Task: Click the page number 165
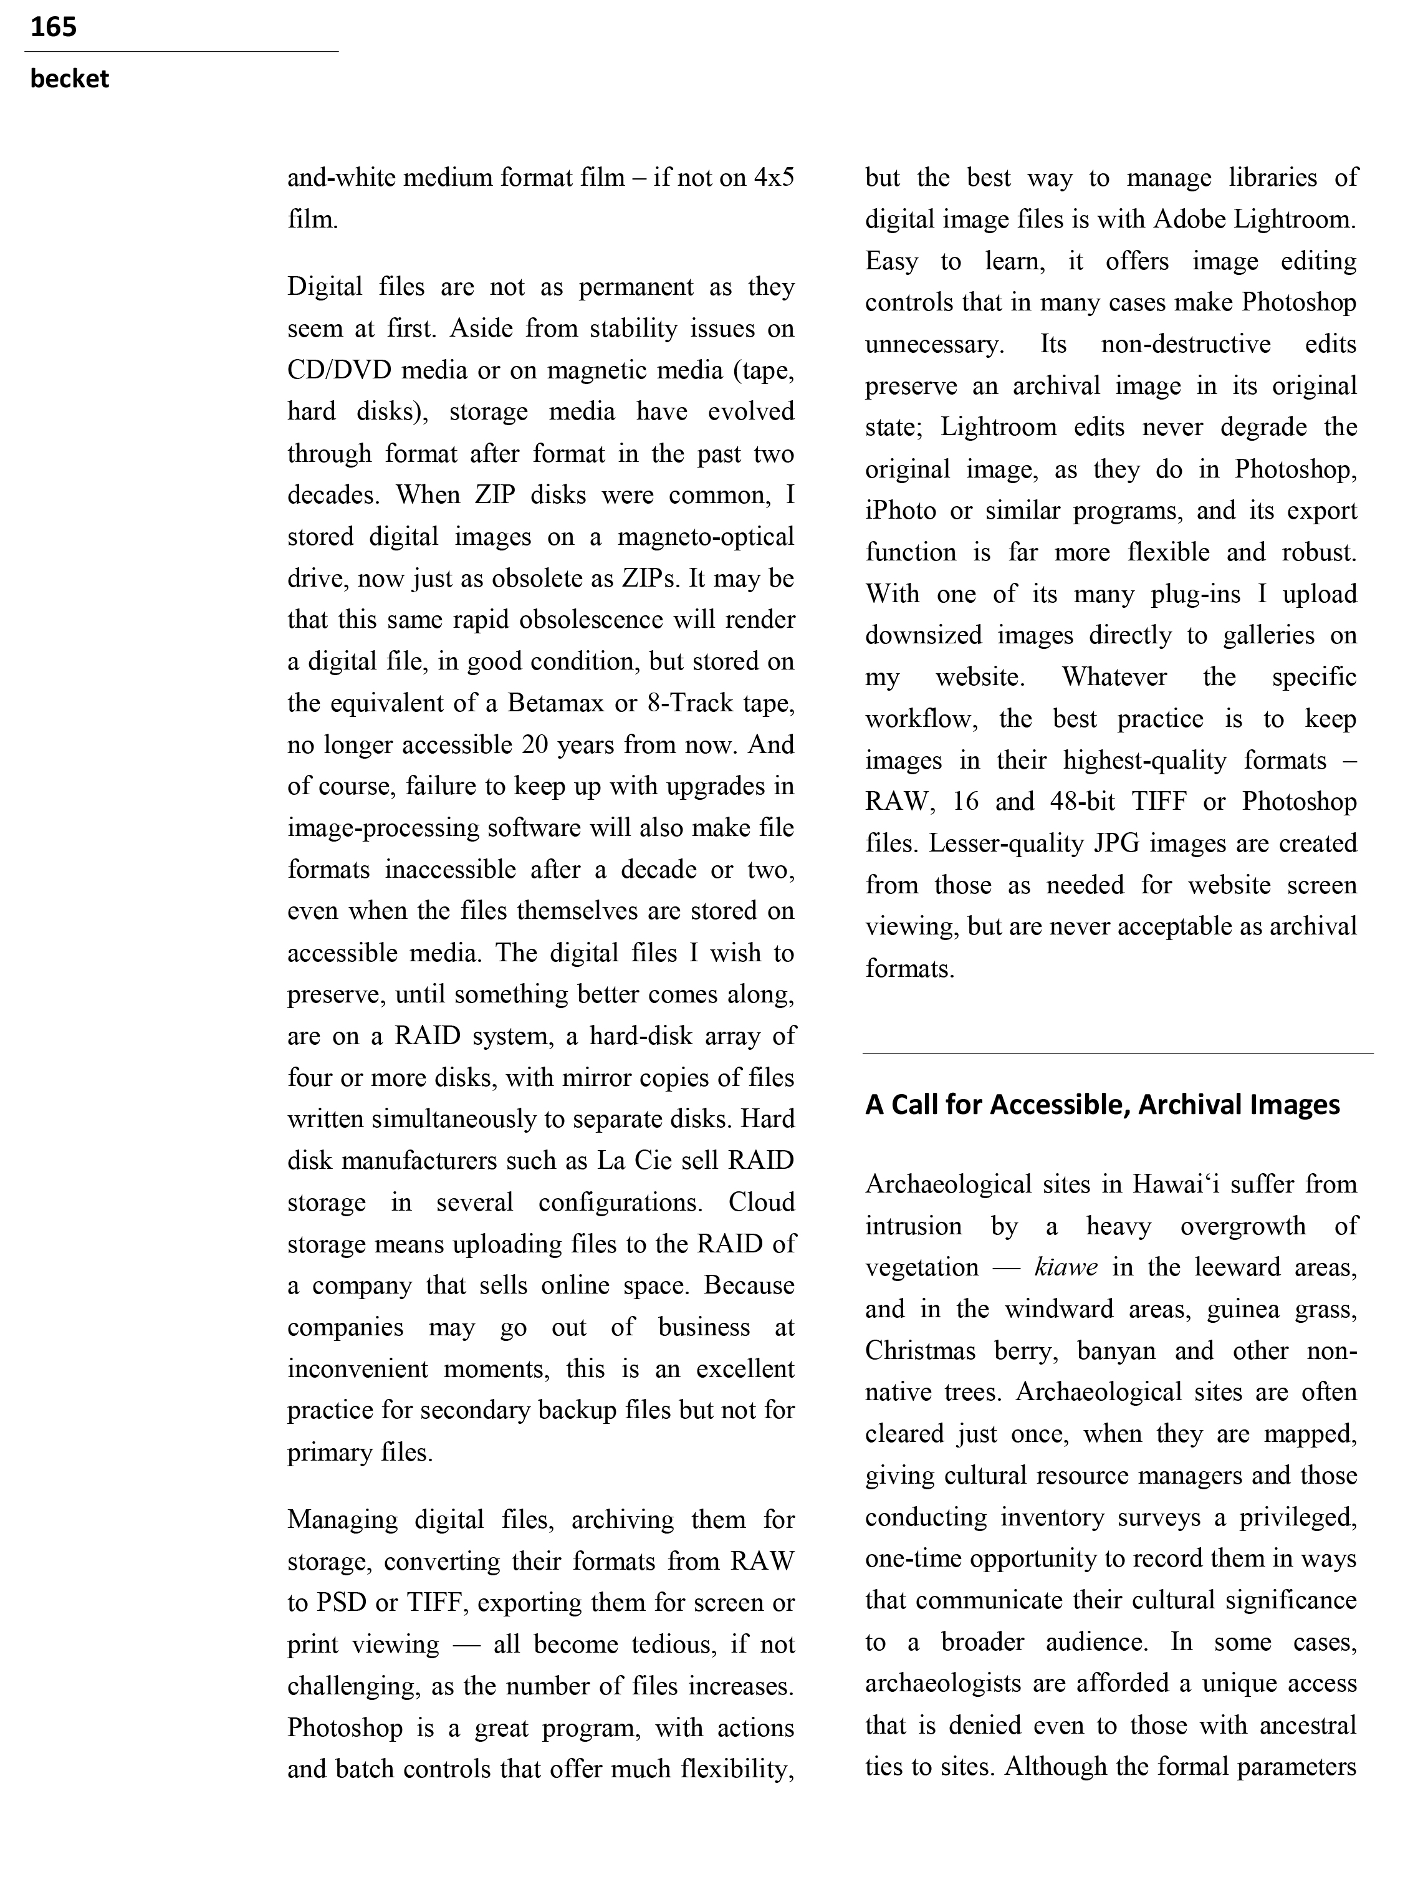coord(53,27)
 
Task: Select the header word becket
coord(69,79)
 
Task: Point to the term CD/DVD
coord(340,370)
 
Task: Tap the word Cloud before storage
coord(761,1202)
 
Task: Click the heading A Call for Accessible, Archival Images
coord(1102,1105)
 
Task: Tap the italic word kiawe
coord(1066,1267)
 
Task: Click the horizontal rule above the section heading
coord(1118,1054)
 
